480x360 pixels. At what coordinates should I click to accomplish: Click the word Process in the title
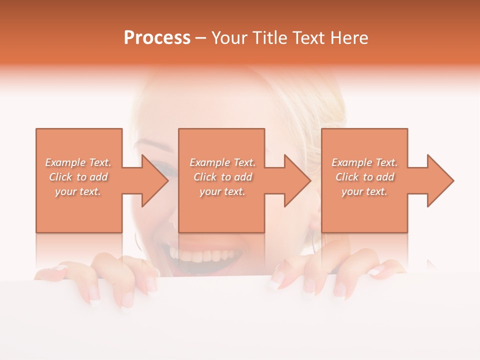point(157,38)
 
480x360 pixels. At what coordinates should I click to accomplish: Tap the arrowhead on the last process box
point(439,180)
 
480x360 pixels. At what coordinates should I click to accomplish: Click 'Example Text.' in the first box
point(78,162)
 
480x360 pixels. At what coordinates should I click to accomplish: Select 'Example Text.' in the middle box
point(222,162)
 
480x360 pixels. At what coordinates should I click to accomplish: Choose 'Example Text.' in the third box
point(364,162)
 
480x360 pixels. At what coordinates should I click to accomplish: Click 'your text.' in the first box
point(78,191)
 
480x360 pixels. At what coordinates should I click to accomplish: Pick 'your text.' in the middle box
point(222,191)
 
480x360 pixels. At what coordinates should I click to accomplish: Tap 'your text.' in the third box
point(364,191)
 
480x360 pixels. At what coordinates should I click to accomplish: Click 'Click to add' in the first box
point(78,177)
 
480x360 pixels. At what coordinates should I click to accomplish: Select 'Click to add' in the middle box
point(222,177)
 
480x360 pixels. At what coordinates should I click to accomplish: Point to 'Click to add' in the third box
point(364,177)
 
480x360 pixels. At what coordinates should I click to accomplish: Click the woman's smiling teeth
point(200,255)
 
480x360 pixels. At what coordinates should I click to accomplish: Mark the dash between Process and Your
point(200,38)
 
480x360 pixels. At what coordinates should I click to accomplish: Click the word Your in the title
point(229,38)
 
